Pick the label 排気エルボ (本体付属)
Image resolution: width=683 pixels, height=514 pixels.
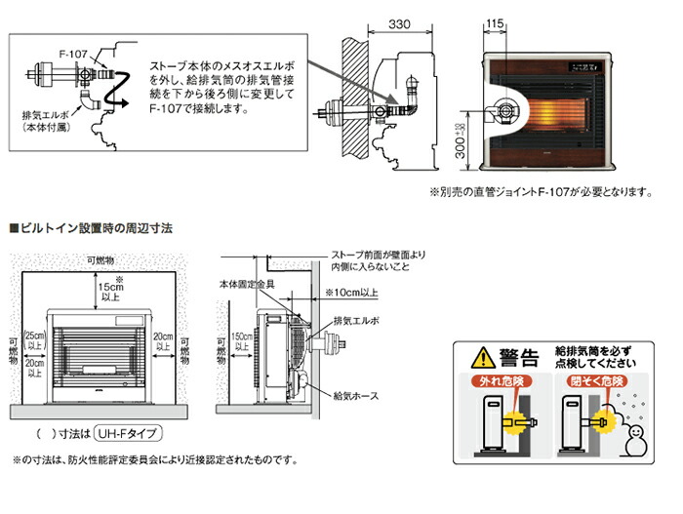(48, 122)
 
